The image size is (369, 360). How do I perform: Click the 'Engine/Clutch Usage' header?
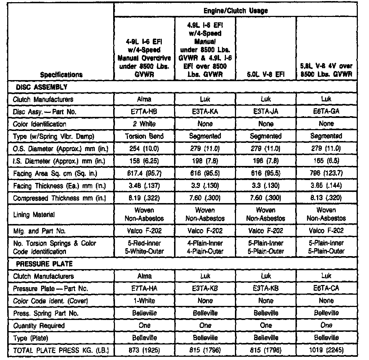click(x=236, y=11)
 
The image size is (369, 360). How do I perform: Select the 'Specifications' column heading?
click(x=61, y=75)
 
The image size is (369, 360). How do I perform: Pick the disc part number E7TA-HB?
click(x=145, y=111)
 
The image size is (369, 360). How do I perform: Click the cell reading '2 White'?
click(x=145, y=124)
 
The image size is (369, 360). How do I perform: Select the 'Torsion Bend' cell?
click(x=145, y=136)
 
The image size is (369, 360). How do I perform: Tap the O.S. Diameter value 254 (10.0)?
click(x=145, y=149)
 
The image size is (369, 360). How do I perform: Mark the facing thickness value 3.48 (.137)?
click(x=145, y=186)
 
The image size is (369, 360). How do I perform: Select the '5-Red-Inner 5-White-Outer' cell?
click(x=145, y=247)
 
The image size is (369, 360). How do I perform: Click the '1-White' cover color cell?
click(x=145, y=301)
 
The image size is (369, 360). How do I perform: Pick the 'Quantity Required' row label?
click(x=39, y=325)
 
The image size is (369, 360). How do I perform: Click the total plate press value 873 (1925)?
click(x=145, y=350)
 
